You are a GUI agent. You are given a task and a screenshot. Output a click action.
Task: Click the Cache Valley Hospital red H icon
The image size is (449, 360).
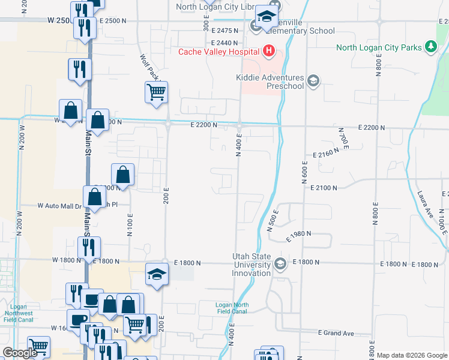(268, 52)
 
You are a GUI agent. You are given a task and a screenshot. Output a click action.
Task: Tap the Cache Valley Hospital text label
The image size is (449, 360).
(220, 52)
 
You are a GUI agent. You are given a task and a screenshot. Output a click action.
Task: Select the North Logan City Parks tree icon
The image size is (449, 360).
(430, 47)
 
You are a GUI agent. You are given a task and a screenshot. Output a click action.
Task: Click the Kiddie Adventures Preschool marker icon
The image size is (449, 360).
(313, 80)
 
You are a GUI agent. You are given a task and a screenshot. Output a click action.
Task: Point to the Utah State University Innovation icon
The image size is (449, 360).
(280, 264)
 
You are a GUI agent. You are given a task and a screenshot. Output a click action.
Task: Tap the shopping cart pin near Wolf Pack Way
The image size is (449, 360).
(156, 92)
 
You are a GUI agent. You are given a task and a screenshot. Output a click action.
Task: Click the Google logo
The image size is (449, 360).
(19, 353)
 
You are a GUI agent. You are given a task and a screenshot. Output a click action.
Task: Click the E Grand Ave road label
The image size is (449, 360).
(336, 332)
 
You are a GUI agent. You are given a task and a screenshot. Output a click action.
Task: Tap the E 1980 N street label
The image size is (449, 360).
(300, 236)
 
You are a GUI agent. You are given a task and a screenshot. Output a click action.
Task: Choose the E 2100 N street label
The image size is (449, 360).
(325, 188)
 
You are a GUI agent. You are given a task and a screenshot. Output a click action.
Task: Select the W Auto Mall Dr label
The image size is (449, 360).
(59, 205)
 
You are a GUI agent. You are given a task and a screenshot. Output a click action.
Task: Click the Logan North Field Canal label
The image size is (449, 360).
(232, 308)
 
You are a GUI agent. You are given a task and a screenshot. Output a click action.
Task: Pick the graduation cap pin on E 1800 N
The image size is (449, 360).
(157, 274)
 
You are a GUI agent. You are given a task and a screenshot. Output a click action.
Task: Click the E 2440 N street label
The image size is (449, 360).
(224, 43)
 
